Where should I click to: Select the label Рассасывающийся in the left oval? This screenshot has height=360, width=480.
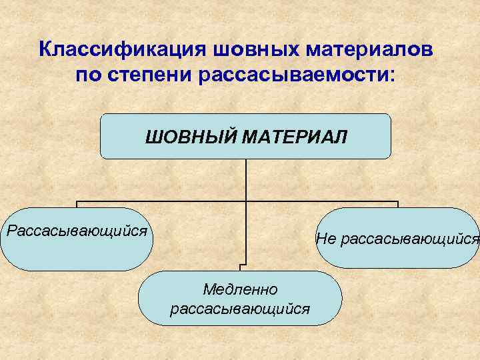(76, 231)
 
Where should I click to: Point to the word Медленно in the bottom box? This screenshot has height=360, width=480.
(240, 289)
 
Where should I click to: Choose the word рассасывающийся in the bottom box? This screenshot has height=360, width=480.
(240, 309)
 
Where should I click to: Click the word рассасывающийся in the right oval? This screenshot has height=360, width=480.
(408, 238)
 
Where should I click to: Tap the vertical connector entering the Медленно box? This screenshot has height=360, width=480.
(245, 253)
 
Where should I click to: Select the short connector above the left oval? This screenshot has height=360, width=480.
(77, 204)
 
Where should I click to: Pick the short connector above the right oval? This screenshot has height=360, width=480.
(397, 204)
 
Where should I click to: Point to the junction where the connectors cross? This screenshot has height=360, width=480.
(246, 201)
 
